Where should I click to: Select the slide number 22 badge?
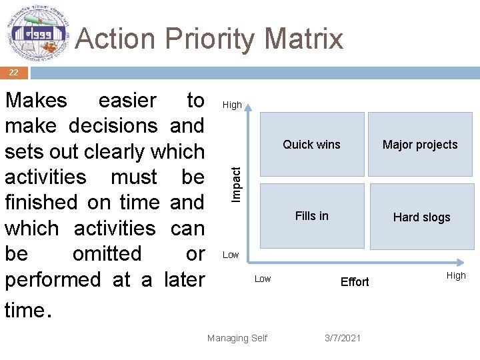[x=13, y=73]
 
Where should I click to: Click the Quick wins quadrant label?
[x=311, y=145]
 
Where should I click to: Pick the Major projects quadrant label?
[x=420, y=145]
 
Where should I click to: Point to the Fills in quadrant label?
[x=311, y=215]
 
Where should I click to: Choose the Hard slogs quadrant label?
[x=421, y=217]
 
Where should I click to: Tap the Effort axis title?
[x=355, y=282]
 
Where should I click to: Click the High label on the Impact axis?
[x=232, y=105]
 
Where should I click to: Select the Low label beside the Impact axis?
[x=231, y=255]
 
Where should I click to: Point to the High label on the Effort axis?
[x=456, y=275]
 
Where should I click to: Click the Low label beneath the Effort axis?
[x=263, y=279]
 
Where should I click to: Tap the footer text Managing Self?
[x=237, y=338]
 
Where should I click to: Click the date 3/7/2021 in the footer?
[x=343, y=338]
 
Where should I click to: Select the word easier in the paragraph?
[x=127, y=101]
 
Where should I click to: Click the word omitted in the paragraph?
[x=107, y=254]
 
